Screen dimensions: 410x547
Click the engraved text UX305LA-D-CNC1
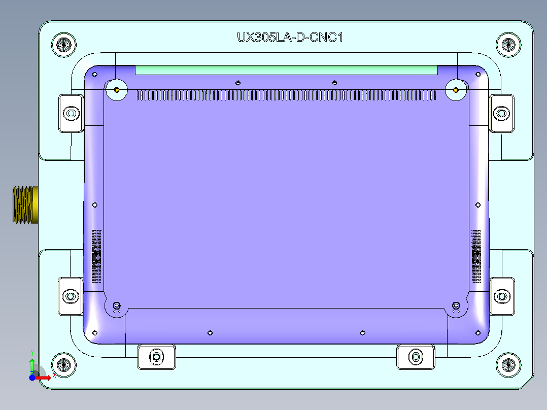[x=290, y=37]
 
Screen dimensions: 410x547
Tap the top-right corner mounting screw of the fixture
[x=508, y=44]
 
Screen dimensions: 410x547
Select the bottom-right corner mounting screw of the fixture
[x=508, y=364]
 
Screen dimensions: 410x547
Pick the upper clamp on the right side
[x=501, y=113]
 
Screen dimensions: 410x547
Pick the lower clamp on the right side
[x=501, y=296]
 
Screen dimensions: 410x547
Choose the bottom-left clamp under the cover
[x=157, y=356]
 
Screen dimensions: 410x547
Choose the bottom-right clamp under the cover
[x=416, y=356]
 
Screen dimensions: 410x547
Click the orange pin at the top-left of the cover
[x=117, y=90]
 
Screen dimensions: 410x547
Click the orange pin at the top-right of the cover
[x=456, y=90]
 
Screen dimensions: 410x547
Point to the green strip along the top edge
[x=286, y=70]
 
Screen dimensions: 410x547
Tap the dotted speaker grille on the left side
[x=96, y=256]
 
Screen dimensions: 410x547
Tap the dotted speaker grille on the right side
[x=476, y=256]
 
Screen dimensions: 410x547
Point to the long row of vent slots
[x=286, y=95]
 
